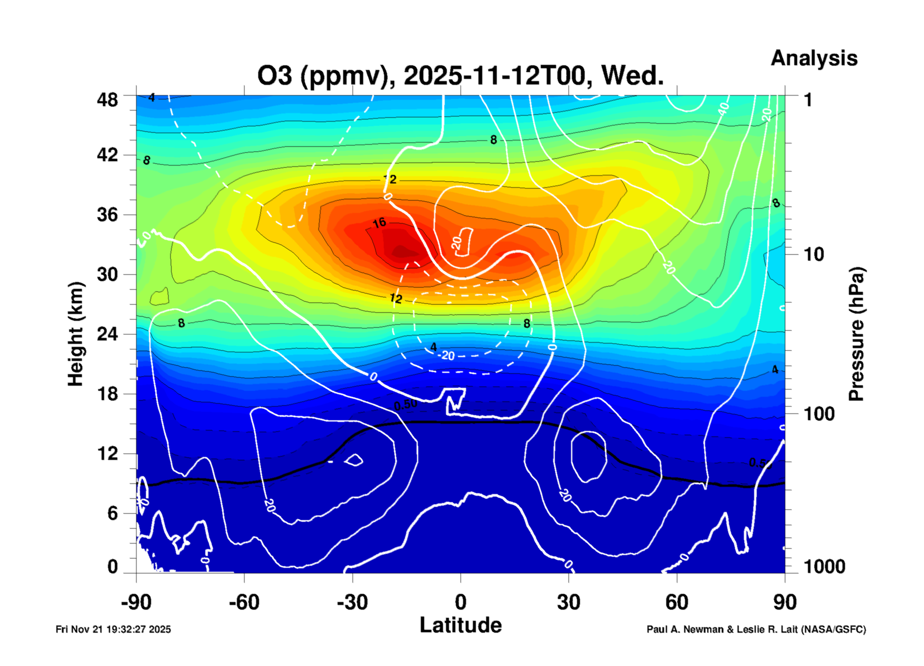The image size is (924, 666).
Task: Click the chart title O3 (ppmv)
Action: tap(460, 76)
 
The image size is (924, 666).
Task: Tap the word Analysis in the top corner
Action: tap(813, 58)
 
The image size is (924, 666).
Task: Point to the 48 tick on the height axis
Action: tap(107, 100)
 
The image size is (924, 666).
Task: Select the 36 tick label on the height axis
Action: tap(107, 214)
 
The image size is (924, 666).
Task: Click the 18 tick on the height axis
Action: tap(107, 393)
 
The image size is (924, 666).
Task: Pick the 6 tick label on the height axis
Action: tap(112, 513)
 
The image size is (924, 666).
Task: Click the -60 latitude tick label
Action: tap(244, 602)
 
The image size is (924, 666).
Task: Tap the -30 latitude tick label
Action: tap(352, 602)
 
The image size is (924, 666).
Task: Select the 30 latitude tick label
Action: tap(568, 602)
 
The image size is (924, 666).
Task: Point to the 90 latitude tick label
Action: tap(784, 602)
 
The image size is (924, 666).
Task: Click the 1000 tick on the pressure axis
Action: tap(824, 567)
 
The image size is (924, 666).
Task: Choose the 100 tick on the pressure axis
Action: tap(819, 414)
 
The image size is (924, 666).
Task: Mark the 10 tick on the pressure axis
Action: tap(813, 254)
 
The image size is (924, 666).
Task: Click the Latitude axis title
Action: tap(461, 625)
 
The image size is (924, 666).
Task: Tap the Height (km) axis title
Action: tap(76, 334)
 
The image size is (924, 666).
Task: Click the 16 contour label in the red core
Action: tap(379, 223)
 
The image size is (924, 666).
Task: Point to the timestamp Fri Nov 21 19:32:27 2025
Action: tap(113, 629)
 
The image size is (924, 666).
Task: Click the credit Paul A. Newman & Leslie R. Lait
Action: tap(756, 629)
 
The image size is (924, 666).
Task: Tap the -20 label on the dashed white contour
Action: tap(447, 355)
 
